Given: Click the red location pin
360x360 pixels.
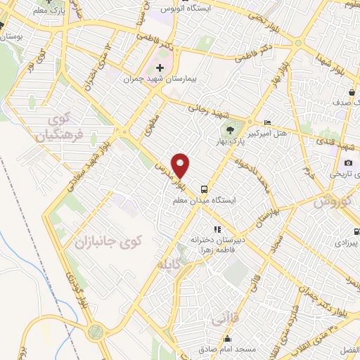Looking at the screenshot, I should (x=181, y=165).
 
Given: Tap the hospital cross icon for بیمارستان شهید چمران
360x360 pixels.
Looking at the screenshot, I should (x=160, y=68).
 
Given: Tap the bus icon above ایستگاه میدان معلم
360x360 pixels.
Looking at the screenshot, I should (x=204, y=188).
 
